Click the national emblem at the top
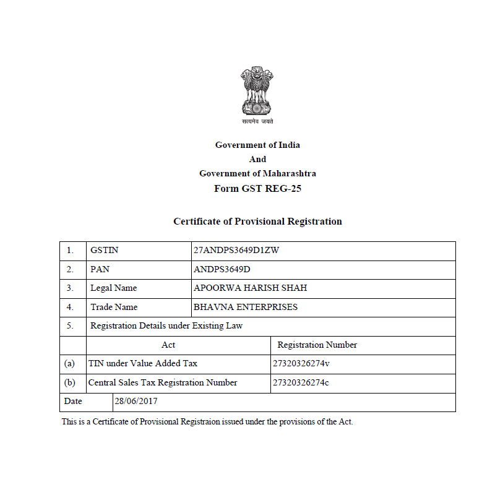coord(257,93)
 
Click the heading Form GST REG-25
coord(257,189)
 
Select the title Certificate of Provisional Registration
coord(257,222)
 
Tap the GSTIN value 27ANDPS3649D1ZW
coord(237,251)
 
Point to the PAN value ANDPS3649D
coord(223,269)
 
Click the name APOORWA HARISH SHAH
coord(250,288)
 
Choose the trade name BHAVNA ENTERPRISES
coord(245,307)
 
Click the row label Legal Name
coord(113,288)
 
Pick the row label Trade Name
coord(114,307)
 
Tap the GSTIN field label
coord(104,251)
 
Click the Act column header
coord(168,345)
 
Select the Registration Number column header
coord(317,345)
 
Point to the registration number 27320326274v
coord(301,364)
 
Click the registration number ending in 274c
coord(301,382)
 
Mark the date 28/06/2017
coord(136,401)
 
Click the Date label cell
coord(73,401)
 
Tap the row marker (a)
coord(69,364)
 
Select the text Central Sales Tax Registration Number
coord(163,382)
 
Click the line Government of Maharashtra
coord(257,174)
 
